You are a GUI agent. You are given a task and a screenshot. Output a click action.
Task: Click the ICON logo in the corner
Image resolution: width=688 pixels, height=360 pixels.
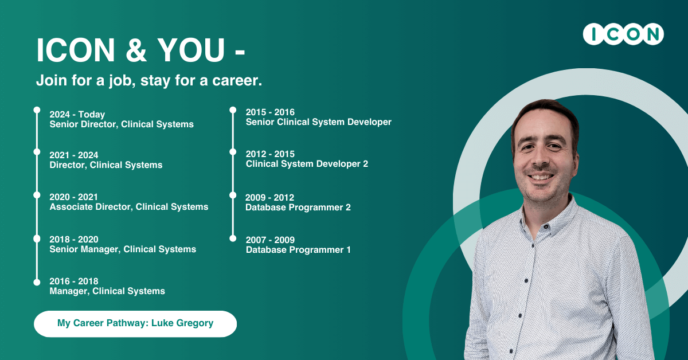pos(623,34)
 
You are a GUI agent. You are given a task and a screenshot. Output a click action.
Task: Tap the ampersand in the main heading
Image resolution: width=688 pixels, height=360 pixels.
pos(136,50)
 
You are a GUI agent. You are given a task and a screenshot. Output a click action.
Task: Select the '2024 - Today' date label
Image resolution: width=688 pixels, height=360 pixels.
pos(77,114)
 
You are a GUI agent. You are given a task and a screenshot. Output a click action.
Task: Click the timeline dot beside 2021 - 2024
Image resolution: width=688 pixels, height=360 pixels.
pos(37,152)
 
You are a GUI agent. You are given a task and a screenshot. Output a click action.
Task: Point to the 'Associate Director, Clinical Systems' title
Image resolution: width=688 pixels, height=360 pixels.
pos(129,207)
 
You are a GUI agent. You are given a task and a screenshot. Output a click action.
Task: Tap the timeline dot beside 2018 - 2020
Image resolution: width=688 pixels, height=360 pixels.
pos(37,238)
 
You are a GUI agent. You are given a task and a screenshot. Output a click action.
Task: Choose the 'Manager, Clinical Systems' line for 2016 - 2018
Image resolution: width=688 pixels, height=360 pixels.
pos(107,291)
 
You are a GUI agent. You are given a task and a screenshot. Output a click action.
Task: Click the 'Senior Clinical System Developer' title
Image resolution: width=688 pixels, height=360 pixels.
pos(319,122)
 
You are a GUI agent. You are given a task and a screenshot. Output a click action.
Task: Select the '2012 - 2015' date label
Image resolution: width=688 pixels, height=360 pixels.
pos(270,154)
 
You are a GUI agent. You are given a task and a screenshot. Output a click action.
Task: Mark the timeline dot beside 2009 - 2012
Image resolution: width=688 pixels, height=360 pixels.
pos(233,195)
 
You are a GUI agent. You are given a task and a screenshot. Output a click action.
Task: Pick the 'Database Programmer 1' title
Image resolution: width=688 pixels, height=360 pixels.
pos(298,250)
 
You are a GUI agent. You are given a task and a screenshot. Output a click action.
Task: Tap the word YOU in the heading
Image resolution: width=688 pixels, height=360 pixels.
pos(191,50)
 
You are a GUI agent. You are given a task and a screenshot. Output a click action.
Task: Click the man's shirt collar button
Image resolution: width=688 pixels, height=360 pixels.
pos(546,226)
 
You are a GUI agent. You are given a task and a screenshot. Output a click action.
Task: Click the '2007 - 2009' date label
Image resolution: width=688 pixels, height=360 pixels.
pos(270,240)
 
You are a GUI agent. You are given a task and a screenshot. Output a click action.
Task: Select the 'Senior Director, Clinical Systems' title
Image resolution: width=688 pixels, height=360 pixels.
pos(122,124)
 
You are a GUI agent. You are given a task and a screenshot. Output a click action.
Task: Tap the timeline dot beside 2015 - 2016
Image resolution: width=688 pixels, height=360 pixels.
pos(233,110)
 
